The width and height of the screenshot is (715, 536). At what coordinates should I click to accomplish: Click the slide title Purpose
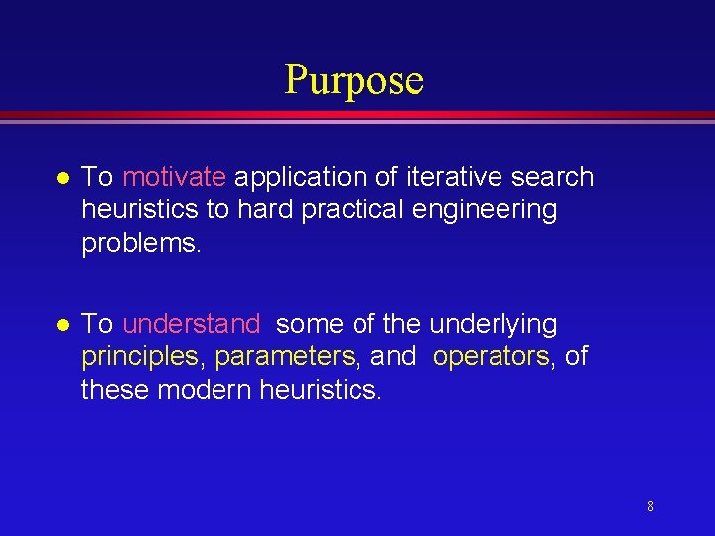click(x=355, y=80)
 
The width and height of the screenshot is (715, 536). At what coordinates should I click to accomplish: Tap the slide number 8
click(x=650, y=507)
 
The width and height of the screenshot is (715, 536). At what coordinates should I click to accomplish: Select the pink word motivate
click(x=174, y=178)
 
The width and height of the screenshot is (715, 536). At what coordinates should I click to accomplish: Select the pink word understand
click(x=192, y=324)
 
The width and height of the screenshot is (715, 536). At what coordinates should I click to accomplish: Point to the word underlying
click(x=493, y=324)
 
